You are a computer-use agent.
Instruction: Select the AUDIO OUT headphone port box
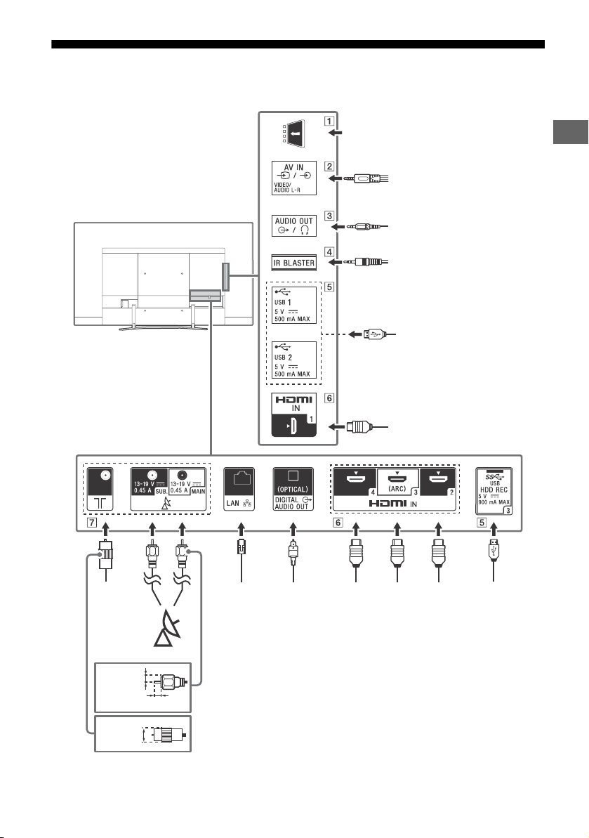tap(293, 225)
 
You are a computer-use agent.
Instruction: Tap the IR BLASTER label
tap(293, 263)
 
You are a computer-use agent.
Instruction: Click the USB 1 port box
tap(293, 305)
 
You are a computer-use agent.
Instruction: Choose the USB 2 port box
tap(293, 360)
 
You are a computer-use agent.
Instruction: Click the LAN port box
tap(239, 490)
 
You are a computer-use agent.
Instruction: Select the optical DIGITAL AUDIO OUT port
tap(293, 490)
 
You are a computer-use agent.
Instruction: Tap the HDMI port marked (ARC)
tap(397, 482)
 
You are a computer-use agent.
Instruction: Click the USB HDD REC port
tap(494, 491)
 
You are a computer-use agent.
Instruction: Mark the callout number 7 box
tap(92, 522)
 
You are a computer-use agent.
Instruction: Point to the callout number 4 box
tap(329, 251)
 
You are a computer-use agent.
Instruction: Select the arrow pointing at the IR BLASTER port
tap(335, 263)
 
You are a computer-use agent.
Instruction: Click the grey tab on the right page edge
tap(570, 132)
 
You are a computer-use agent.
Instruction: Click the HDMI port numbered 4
tap(356, 482)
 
